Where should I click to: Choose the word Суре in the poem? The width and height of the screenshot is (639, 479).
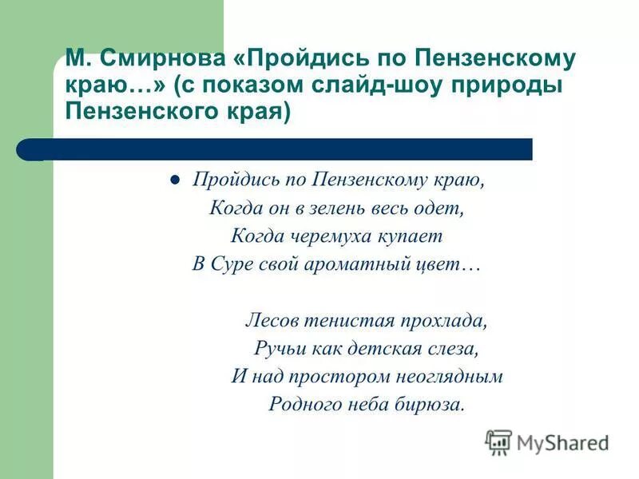232,264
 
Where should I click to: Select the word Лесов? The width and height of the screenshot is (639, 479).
272,321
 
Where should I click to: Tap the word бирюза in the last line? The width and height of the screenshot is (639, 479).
434,404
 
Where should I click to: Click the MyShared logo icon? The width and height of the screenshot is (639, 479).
498,441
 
